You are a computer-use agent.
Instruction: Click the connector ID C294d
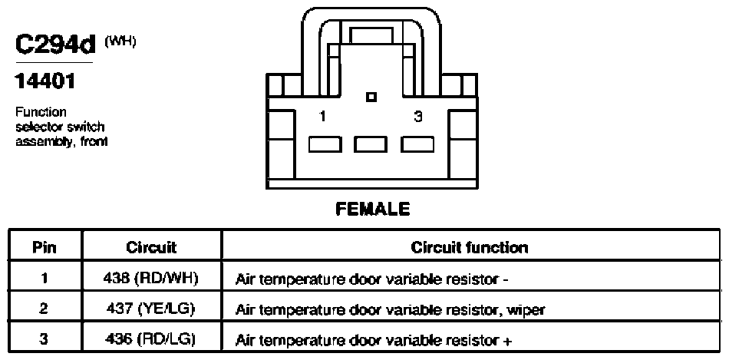[55, 45]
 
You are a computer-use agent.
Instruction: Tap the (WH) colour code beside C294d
[120, 42]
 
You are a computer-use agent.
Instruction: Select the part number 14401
[45, 82]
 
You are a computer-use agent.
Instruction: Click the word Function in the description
[41, 112]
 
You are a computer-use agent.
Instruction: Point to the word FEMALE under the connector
[373, 209]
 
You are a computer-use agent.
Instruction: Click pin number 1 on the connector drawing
[322, 116]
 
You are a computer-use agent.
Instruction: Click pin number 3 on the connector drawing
[418, 116]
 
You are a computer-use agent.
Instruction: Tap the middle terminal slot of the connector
[370, 144]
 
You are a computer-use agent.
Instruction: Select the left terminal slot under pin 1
[325, 144]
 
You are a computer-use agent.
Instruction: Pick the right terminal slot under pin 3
[417, 144]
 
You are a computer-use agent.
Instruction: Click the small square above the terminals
[371, 97]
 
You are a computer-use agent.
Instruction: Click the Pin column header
[45, 247]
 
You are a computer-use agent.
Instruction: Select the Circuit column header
[151, 247]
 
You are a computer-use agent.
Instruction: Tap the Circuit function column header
[470, 247]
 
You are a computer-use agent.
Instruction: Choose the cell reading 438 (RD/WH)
[150, 279]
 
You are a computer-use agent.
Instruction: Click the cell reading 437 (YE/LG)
[148, 309]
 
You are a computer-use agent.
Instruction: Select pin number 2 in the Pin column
[44, 309]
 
